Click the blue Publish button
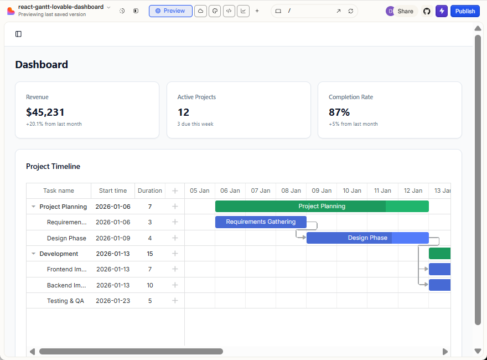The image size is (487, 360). click(x=465, y=11)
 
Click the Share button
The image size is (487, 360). click(x=405, y=11)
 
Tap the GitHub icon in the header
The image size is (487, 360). click(x=427, y=11)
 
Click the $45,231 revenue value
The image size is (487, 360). click(x=45, y=112)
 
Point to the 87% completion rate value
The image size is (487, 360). click(x=339, y=112)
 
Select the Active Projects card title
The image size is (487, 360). click(x=196, y=97)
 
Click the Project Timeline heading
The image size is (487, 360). click(x=53, y=166)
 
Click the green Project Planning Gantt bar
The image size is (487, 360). click(x=322, y=206)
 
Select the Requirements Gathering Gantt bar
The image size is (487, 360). click(x=261, y=222)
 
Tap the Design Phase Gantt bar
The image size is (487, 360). click(x=367, y=238)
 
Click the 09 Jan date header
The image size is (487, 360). click(x=322, y=191)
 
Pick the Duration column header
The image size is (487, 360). click(x=150, y=191)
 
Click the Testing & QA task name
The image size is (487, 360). click(x=65, y=301)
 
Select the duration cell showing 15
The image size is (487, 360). click(x=150, y=254)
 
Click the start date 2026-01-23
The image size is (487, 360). click(x=113, y=301)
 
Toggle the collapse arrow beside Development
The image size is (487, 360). click(x=34, y=254)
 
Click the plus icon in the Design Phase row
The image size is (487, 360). click(x=175, y=238)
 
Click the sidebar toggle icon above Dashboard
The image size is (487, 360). click(x=18, y=34)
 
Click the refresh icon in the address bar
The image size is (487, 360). click(x=351, y=11)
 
